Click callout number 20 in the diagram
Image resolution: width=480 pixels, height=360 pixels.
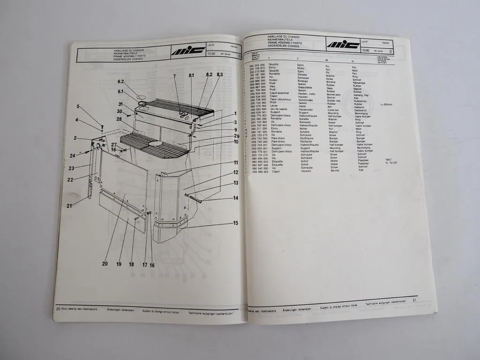click(105, 263)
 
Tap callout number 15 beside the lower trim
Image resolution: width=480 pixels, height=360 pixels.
click(235, 223)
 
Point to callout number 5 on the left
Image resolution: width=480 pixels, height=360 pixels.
click(78, 106)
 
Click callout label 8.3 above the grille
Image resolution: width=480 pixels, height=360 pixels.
click(219, 75)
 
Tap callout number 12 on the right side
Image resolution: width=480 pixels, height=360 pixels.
click(236, 173)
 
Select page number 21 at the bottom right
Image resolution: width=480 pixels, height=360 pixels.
click(414, 300)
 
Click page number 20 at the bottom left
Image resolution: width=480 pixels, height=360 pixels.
click(58, 309)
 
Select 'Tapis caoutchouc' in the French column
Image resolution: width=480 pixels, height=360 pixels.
click(277, 100)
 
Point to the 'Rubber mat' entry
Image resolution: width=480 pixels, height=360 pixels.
click(334, 100)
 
